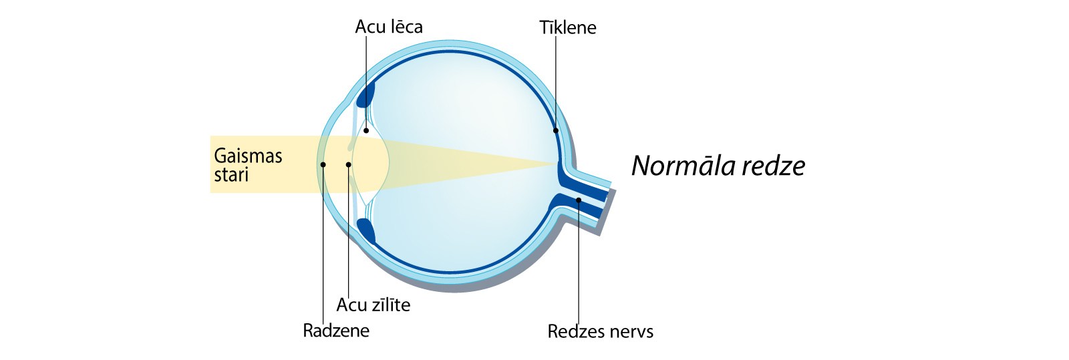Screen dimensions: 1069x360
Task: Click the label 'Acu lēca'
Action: coord(389,27)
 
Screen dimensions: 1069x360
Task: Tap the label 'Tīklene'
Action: coord(568,27)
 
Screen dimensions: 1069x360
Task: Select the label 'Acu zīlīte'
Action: coord(373,305)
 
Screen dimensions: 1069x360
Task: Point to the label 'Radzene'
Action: coord(336,331)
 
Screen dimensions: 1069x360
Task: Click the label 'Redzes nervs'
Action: coord(601,331)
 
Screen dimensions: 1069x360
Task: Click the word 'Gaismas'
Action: coord(248,156)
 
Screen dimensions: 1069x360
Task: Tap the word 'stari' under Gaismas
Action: coord(231,175)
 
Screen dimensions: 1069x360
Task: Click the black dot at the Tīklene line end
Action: coord(555,131)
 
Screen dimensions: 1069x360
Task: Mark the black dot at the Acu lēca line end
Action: coord(366,130)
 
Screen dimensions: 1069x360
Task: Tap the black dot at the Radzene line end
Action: coord(323,164)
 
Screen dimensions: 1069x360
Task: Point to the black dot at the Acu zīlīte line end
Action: coord(348,164)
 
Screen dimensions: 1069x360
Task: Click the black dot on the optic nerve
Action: coord(579,200)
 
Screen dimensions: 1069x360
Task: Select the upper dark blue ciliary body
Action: coord(366,94)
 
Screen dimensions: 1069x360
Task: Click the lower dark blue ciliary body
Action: coord(367,231)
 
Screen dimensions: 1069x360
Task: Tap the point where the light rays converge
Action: coord(557,164)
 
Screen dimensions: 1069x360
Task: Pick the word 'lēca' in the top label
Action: coord(406,27)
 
